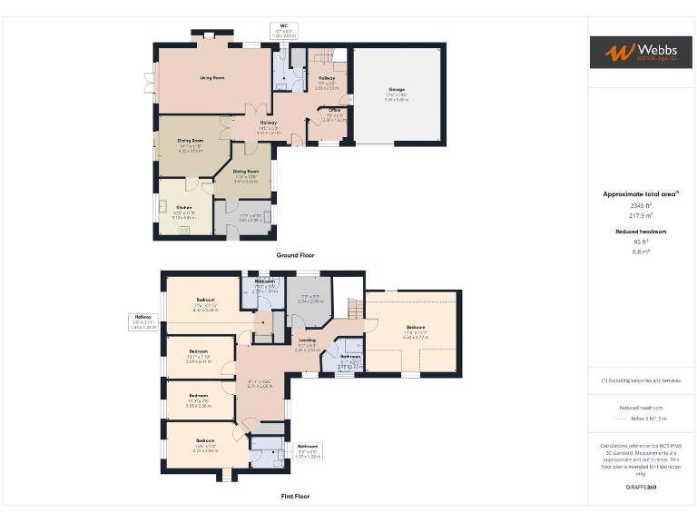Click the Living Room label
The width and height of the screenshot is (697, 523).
click(212, 78)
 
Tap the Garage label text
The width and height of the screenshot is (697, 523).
click(397, 89)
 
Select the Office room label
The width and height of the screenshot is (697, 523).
click(334, 110)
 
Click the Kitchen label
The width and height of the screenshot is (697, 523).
click(183, 207)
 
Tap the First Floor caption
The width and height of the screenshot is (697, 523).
click(295, 497)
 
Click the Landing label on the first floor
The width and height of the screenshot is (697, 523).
click(307, 340)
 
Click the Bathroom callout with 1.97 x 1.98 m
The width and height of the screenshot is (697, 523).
click(308, 446)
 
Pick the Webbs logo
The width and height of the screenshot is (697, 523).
click(641, 52)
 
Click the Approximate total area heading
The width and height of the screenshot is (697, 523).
click(641, 194)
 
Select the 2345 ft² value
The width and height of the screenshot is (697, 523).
click(641, 206)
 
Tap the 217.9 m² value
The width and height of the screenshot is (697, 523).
click(641, 216)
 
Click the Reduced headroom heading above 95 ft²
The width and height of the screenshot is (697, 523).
click(641, 232)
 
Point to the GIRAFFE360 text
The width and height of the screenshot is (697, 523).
click(641, 488)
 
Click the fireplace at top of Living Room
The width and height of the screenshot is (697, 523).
click(208, 36)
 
